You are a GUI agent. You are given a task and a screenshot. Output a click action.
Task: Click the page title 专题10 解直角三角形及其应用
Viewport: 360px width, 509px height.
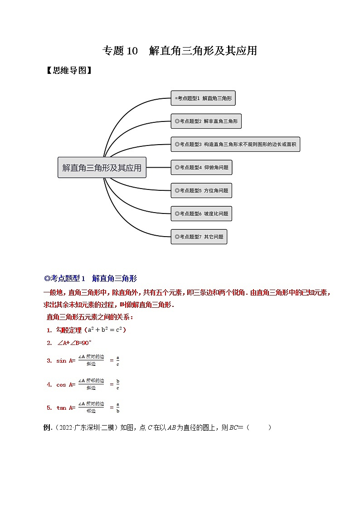pos(180,51)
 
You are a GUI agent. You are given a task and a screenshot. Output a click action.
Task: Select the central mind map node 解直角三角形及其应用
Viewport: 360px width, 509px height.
pos(102,168)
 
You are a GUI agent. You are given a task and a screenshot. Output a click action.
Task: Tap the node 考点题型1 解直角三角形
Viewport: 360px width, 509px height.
pos(203,98)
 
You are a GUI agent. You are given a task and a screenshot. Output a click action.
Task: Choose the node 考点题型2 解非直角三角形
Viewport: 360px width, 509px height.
pos(206,121)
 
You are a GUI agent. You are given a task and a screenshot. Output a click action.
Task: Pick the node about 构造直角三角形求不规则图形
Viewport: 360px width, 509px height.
pos(235,145)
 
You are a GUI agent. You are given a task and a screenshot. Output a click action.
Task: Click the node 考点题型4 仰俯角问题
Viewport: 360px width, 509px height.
pos(201,168)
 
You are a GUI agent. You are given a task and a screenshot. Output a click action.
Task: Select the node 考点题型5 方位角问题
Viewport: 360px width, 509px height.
pos(201,191)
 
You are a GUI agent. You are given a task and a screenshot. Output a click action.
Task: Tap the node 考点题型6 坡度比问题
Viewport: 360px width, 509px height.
pos(201,214)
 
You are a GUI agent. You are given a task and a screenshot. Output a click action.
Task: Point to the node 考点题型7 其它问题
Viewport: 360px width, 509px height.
pos(199,237)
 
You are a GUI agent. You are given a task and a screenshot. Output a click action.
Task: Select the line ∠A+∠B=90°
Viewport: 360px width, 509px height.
pos(75,343)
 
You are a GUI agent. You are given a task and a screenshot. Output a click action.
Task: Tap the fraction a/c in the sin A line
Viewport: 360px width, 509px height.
pos(118,361)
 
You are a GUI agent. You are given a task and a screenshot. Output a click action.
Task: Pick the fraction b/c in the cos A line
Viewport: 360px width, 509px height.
pos(118,385)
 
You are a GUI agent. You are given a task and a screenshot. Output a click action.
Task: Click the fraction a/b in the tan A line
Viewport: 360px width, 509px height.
pos(118,408)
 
